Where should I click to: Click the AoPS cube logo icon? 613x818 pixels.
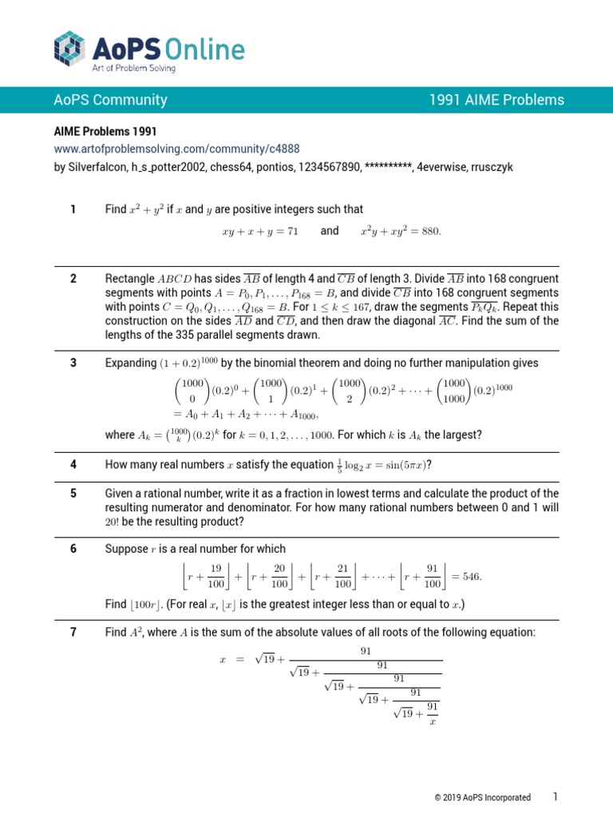(69, 48)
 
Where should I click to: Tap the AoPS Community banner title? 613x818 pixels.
(110, 100)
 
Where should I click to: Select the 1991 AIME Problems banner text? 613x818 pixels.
(496, 100)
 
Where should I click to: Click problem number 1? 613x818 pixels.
(73, 209)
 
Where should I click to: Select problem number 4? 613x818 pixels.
(73, 464)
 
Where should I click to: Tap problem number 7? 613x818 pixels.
(73, 633)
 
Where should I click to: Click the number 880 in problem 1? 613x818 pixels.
(429, 231)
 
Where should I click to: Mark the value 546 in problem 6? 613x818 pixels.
(470, 576)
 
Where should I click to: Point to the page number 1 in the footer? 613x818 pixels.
(555, 796)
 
